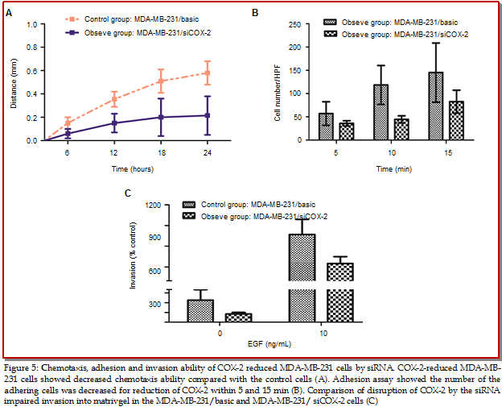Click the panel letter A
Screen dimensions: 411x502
[8, 14]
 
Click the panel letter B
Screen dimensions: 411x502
[255, 14]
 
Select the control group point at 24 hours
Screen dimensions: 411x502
[208, 73]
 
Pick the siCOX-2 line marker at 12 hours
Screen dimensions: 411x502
[114, 123]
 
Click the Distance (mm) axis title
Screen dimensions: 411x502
[14, 82]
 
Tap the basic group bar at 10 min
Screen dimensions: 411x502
[381, 112]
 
